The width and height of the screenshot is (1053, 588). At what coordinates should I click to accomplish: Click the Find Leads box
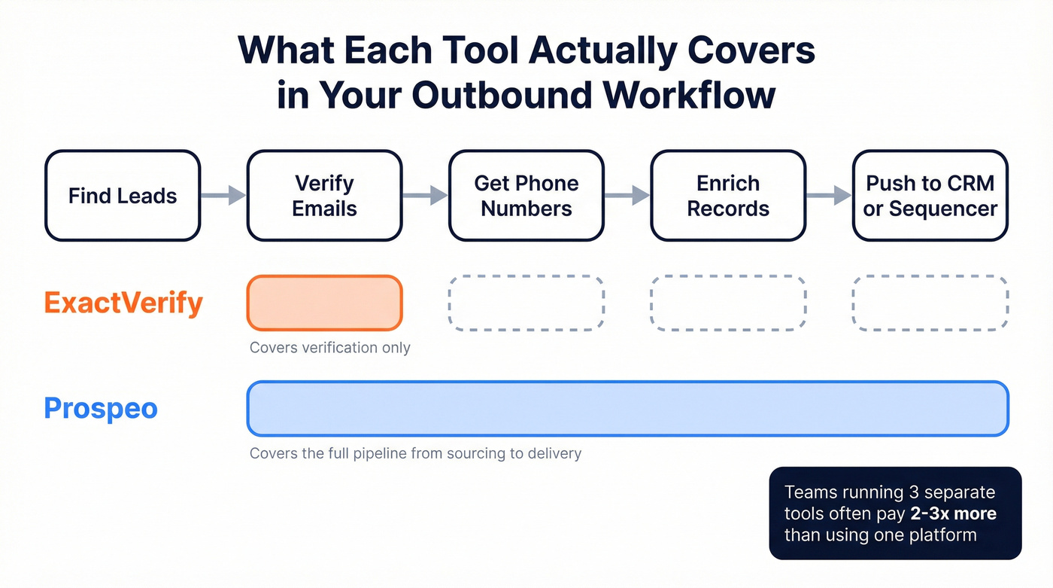[x=123, y=196]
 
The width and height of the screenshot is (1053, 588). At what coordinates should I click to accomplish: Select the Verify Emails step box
[x=324, y=196]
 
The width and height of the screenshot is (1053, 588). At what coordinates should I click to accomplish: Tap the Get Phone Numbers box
[x=526, y=196]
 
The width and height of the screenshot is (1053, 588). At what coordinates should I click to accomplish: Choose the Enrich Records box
[x=727, y=196]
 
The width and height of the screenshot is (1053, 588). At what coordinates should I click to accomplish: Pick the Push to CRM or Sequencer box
[x=930, y=196]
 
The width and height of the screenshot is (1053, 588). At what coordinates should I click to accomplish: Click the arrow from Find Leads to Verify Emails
[x=223, y=196]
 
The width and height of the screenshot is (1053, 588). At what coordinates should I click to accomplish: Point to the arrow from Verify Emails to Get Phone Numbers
[x=425, y=196]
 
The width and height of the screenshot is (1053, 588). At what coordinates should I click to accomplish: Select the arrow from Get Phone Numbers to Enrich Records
[x=627, y=196]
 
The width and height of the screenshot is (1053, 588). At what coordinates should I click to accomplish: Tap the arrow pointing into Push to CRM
[x=828, y=196]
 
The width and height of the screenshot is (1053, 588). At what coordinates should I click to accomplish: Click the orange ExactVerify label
[x=123, y=303]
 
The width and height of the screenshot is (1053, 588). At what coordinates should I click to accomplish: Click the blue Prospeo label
[x=101, y=409]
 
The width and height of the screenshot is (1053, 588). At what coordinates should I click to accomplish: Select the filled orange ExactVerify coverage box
[x=324, y=303]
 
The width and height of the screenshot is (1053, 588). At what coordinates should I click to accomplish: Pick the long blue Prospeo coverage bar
[x=627, y=409]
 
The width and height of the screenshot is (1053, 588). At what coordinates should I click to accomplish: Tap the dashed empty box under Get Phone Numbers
[x=526, y=303]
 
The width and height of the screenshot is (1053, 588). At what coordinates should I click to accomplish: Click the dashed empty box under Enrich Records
[x=727, y=303]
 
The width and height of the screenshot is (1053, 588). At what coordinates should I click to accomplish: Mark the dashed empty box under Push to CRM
[x=930, y=303]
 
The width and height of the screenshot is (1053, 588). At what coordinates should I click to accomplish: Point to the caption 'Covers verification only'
[x=330, y=348]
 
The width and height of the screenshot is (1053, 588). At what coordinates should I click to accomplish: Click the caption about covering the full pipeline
[x=415, y=454]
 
